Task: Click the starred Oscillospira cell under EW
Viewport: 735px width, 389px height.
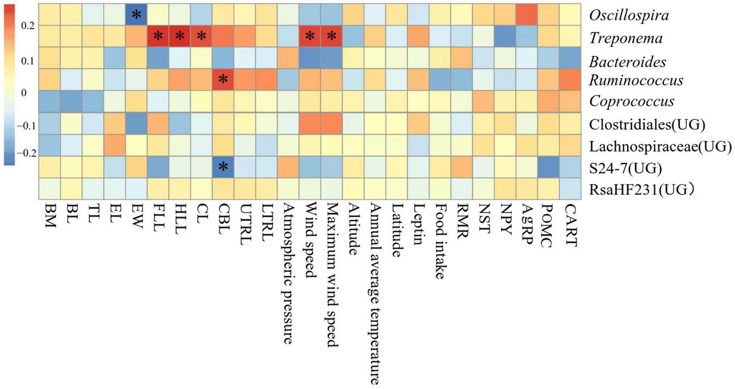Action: pos(136,15)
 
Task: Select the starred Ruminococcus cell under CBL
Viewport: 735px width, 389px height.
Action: pos(222,80)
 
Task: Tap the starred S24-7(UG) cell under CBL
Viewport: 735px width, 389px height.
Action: pos(222,167)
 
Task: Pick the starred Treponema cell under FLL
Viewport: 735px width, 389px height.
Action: pos(158,37)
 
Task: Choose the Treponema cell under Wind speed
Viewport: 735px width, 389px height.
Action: pos(309,37)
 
